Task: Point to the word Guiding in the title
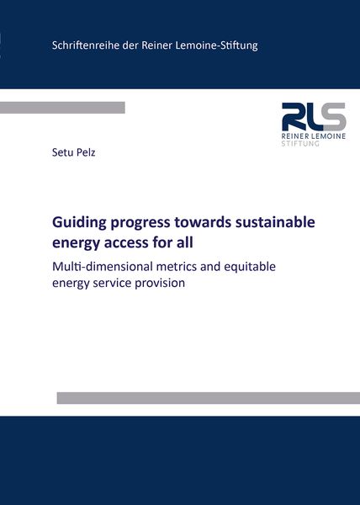click(77, 223)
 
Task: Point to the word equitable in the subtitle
click(241, 268)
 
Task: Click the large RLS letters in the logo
click(314, 116)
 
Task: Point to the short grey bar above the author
click(62, 108)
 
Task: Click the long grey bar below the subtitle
click(208, 398)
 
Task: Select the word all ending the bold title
click(183, 244)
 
